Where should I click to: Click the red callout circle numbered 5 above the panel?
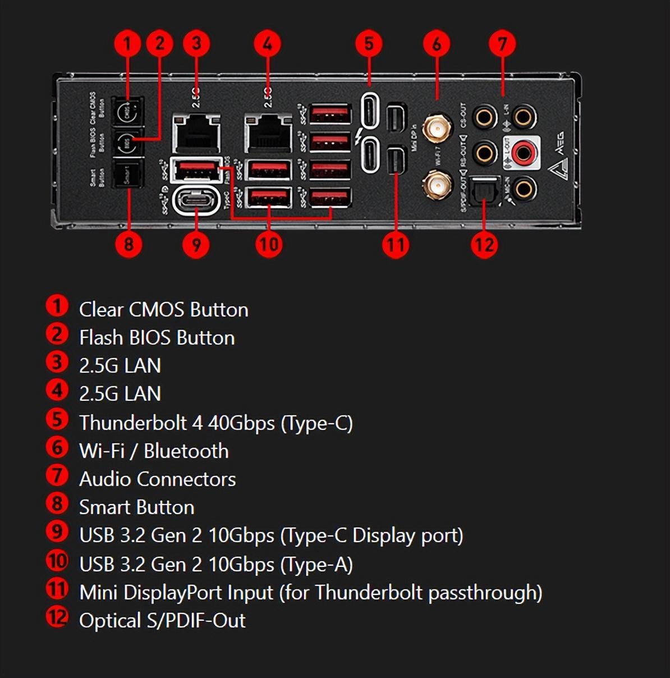[x=369, y=44]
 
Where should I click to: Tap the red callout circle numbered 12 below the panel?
[x=484, y=245]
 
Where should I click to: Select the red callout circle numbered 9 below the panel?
[x=196, y=245]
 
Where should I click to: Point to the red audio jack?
[x=524, y=152]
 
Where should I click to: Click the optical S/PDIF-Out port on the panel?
[x=484, y=191]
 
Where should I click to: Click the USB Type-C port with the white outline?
[x=196, y=200]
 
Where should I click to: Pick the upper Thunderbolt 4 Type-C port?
[x=370, y=111]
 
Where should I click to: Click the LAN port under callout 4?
[x=268, y=134]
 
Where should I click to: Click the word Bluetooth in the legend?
[x=186, y=451]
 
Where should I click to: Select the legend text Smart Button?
[x=136, y=507]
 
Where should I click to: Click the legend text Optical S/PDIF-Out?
[x=162, y=620]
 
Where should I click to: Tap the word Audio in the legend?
[x=104, y=479]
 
